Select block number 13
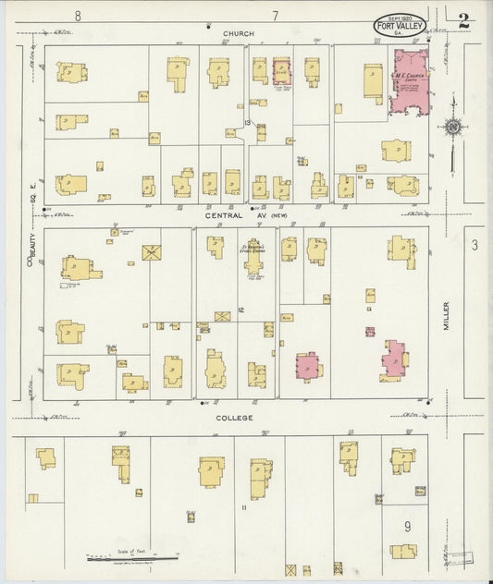click(247, 122)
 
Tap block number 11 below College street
click(243, 508)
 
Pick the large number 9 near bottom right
click(407, 528)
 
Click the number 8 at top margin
click(79, 16)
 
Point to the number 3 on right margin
click(474, 245)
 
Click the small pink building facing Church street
click(281, 71)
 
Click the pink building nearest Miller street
click(394, 359)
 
